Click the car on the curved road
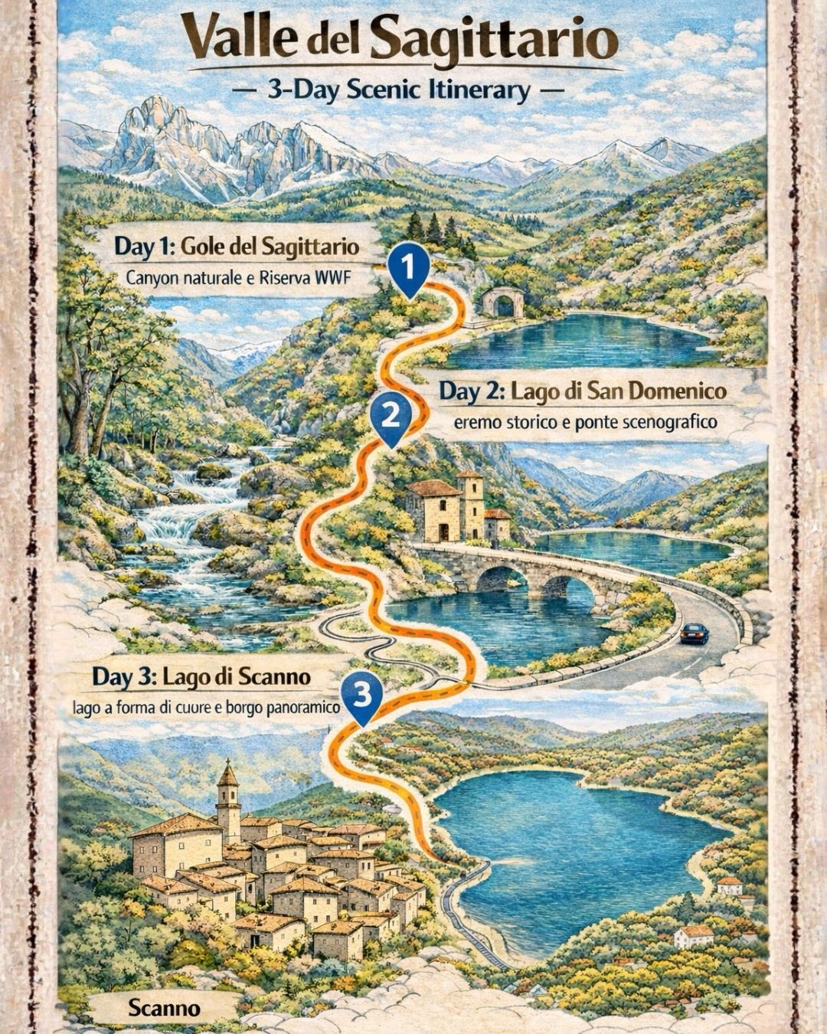click(x=694, y=633)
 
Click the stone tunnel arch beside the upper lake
click(x=503, y=303)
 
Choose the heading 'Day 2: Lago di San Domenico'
click(x=582, y=391)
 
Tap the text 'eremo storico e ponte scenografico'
click(x=585, y=422)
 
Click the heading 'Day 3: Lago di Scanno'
click(x=201, y=677)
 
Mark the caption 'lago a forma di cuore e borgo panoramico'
click(x=206, y=708)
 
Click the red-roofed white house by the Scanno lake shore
click(x=695, y=934)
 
